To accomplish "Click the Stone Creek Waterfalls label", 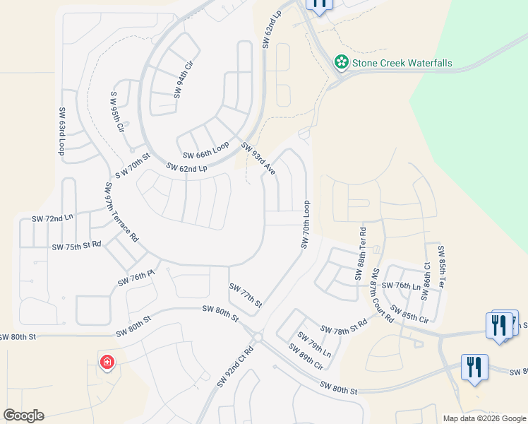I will [x=402, y=63].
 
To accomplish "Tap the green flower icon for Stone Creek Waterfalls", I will [x=342, y=63].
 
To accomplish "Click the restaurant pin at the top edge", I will [x=319, y=4].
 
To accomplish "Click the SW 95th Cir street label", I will [x=118, y=112].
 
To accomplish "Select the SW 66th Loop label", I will [x=206, y=151].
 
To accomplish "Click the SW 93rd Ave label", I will [x=258, y=159].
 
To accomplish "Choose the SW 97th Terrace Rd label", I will [x=121, y=213].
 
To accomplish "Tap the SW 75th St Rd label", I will [x=77, y=246].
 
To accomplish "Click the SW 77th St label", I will [x=246, y=295].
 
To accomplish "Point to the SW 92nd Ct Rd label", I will [x=236, y=365].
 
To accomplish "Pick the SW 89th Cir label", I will [x=306, y=357].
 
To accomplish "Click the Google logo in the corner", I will [x=23, y=416].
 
